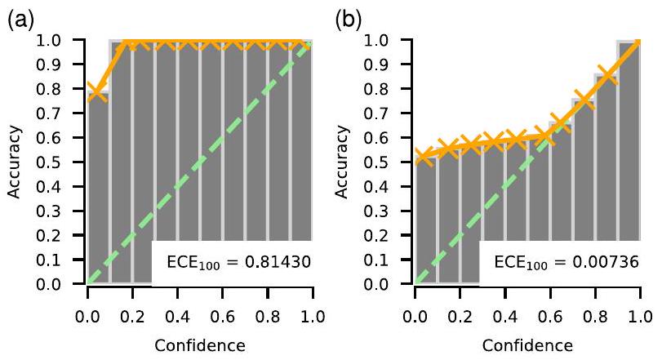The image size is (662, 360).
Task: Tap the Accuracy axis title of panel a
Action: pyautogui.click(x=17, y=162)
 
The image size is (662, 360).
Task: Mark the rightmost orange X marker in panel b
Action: pyautogui.click(x=629, y=42)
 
